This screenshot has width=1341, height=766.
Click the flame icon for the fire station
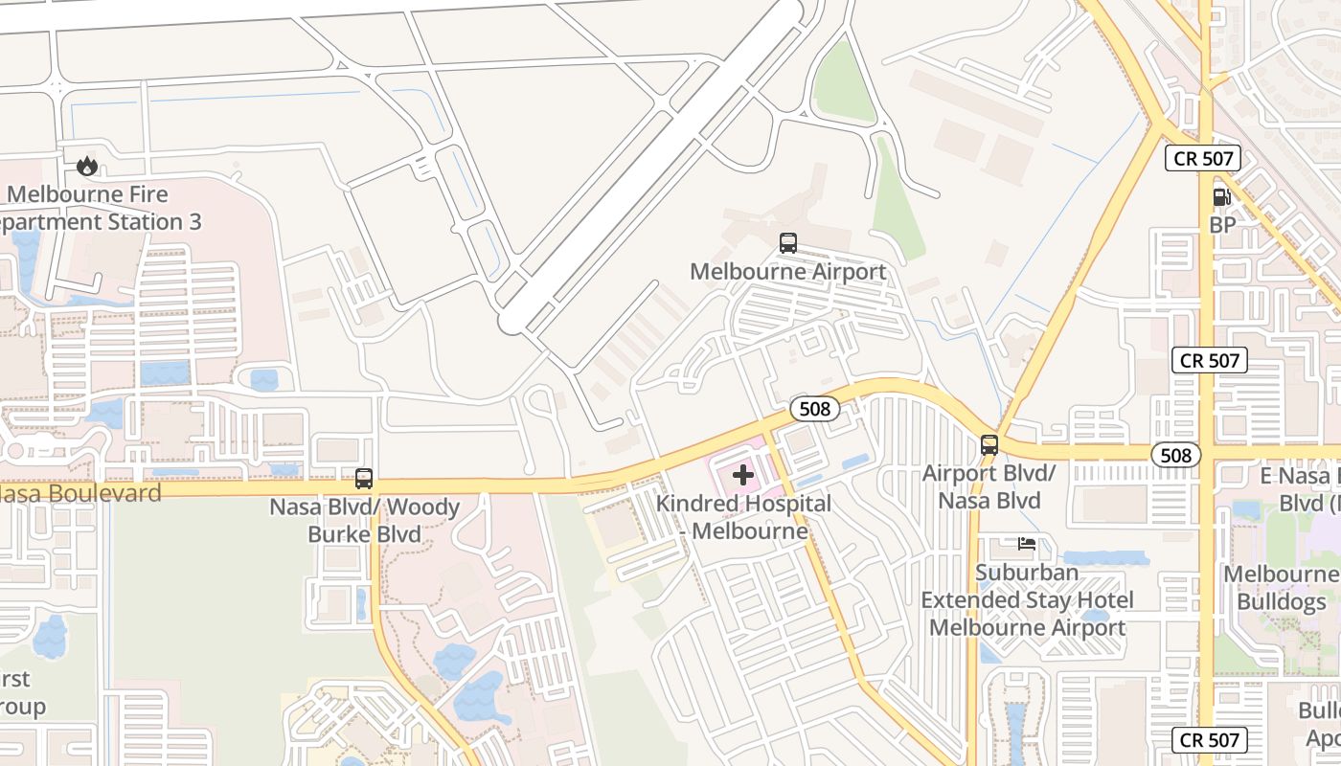tap(87, 167)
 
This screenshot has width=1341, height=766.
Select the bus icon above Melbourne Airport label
tap(788, 243)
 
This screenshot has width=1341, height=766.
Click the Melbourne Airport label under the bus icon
tap(788, 272)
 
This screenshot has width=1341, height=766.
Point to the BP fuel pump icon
tap(1222, 198)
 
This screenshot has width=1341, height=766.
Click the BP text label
tap(1222, 226)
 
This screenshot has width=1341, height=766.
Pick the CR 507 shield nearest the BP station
tap(1203, 158)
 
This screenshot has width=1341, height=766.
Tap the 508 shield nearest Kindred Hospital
tap(815, 410)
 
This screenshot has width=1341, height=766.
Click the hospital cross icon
tap(743, 474)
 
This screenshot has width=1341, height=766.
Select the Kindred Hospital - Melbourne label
tap(743, 516)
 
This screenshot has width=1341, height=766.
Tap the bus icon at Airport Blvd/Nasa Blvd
tap(989, 445)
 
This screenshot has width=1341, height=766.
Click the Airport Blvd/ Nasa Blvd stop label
tap(989, 486)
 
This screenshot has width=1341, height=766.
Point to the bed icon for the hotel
tap(1027, 544)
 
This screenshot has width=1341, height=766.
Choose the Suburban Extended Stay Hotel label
tap(1027, 600)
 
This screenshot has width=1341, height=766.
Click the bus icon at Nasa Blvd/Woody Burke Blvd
tap(364, 479)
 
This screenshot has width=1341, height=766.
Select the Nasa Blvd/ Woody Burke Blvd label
tap(365, 520)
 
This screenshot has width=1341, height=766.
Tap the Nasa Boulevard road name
tap(80, 493)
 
